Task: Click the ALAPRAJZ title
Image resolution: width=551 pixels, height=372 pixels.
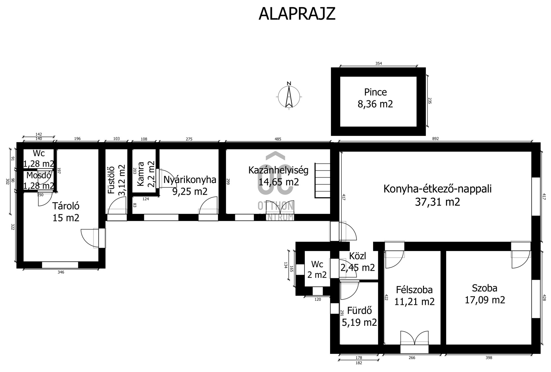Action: pyautogui.click(x=297, y=13)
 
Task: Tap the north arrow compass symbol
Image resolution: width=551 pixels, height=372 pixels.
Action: pyautogui.click(x=289, y=96)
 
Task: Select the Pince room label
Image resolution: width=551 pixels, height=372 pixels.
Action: pyautogui.click(x=375, y=92)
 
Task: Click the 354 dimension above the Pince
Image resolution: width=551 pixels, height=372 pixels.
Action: pyautogui.click(x=379, y=63)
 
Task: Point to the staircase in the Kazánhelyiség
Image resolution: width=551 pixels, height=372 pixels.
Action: pyautogui.click(x=323, y=180)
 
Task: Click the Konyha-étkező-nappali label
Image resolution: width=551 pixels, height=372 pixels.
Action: pyautogui.click(x=437, y=189)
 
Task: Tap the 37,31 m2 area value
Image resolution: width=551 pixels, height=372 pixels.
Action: pyautogui.click(x=437, y=202)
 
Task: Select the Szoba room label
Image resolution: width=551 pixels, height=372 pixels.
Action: pyautogui.click(x=485, y=288)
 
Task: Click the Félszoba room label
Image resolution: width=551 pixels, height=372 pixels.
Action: pyautogui.click(x=414, y=290)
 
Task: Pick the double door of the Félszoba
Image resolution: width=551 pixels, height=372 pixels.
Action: pyautogui.click(x=414, y=338)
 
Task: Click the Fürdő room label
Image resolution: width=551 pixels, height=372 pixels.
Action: pyautogui.click(x=359, y=310)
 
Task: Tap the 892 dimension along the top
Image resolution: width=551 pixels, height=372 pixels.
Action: pyautogui.click(x=435, y=139)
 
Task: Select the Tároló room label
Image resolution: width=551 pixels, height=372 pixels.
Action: pyautogui.click(x=66, y=206)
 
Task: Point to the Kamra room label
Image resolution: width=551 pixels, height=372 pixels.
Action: pyautogui.click(x=141, y=174)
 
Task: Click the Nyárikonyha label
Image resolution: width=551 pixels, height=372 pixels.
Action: pyautogui.click(x=190, y=180)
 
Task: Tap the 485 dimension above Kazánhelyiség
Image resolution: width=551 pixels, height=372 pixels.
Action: pyautogui.click(x=278, y=139)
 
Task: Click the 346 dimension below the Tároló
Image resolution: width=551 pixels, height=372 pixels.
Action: pyautogui.click(x=61, y=272)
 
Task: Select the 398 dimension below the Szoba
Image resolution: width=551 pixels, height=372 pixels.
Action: pyautogui.click(x=489, y=358)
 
